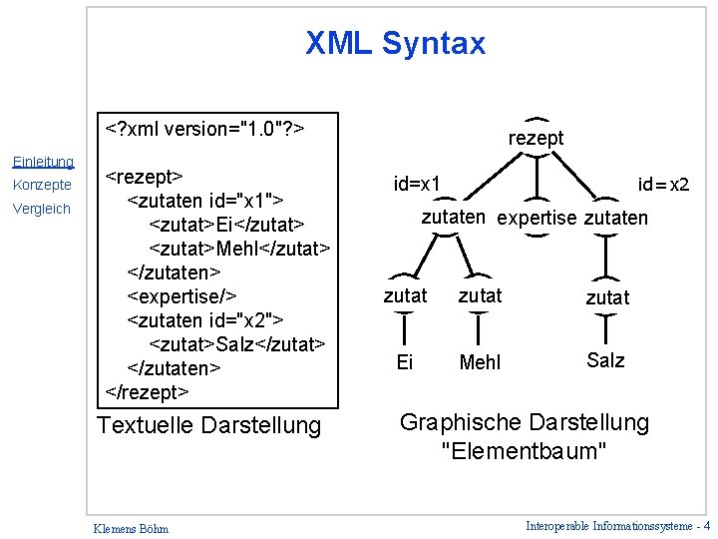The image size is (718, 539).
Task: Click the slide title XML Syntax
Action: click(395, 44)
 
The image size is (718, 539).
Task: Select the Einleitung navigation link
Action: click(42, 162)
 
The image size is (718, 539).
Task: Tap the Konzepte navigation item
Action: click(42, 186)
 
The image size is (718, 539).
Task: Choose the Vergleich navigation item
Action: click(42, 209)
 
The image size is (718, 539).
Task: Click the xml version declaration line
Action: click(205, 129)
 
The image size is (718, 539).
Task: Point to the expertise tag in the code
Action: click(181, 295)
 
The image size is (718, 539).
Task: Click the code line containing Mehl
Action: click(239, 247)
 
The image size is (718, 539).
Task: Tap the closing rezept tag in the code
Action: click(147, 391)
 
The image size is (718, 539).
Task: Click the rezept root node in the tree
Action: click(536, 139)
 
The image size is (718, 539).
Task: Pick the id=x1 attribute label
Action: click(418, 184)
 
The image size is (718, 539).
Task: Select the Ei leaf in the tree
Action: click(404, 362)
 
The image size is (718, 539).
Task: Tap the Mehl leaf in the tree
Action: click(480, 362)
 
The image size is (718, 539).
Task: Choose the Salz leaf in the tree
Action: click(605, 360)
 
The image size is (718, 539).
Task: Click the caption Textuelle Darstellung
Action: click(208, 426)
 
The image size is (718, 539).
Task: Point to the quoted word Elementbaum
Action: click(524, 451)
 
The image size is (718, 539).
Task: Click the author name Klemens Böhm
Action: click(130, 528)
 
